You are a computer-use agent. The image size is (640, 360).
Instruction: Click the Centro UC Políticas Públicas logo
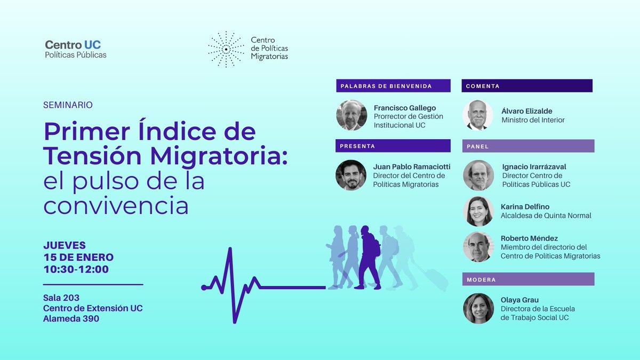pos(76,49)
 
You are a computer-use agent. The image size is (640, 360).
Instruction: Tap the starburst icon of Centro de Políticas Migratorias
pos(226,49)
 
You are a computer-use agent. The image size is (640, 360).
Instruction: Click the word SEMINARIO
pos(68,105)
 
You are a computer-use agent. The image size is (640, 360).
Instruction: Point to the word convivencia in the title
pos(116,206)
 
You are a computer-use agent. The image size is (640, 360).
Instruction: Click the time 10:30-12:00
pos(76,269)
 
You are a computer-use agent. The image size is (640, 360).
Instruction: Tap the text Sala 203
pos(61,298)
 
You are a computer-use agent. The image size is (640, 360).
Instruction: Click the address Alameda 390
pos(71,319)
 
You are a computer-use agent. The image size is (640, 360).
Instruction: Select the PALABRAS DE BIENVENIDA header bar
pos(393,86)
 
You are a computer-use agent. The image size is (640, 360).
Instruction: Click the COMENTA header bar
pos(527,86)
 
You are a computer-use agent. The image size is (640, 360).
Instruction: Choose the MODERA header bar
pos(527,279)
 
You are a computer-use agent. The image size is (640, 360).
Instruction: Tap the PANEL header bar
pos(527,146)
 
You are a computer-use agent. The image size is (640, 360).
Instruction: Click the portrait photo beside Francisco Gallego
pos(351,115)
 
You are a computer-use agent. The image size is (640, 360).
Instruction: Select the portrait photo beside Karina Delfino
pos(478,211)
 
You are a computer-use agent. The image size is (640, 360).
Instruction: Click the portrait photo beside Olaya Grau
pos(478,308)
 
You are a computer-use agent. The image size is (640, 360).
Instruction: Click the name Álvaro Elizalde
pos(527,111)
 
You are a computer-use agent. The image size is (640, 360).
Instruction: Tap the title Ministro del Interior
pos(533,120)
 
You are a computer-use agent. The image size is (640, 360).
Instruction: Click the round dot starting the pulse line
pos(204,287)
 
